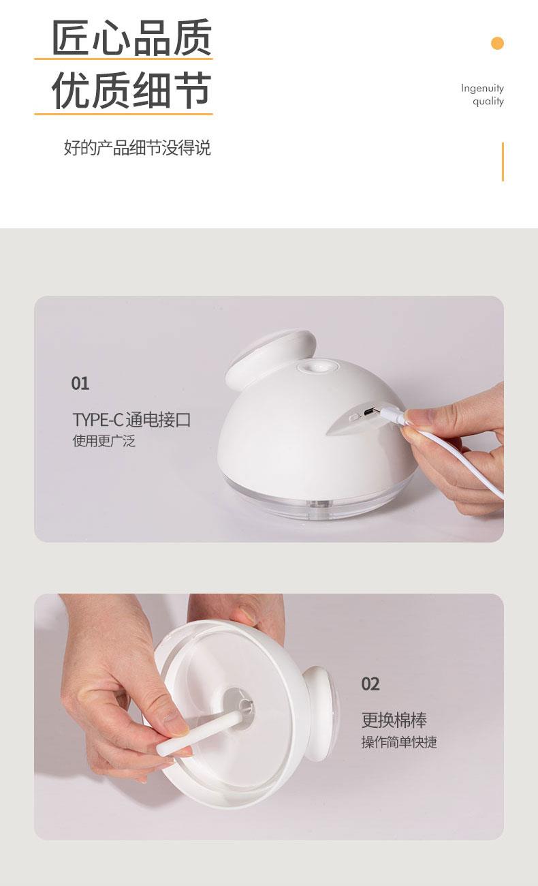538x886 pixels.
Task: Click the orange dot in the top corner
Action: click(497, 43)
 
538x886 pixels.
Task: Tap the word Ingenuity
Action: click(482, 88)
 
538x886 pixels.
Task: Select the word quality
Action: click(488, 102)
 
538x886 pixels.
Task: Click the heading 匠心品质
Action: click(131, 37)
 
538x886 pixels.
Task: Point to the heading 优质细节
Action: click(131, 90)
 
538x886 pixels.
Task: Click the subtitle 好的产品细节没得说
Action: click(137, 147)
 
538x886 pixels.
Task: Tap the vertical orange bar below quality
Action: click(503, 162)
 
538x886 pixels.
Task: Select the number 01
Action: click(80, 383)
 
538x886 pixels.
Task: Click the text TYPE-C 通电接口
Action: click(131, 420)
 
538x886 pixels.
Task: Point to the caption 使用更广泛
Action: click(104, 441)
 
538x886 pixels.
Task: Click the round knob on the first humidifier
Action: click(271, 355)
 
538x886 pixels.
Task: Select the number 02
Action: click(370, 684)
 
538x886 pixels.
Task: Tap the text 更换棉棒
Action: click(394, 720)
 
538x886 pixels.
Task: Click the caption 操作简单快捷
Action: click(399, 742)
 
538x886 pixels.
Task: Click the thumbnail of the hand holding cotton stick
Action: click(269, 716)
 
